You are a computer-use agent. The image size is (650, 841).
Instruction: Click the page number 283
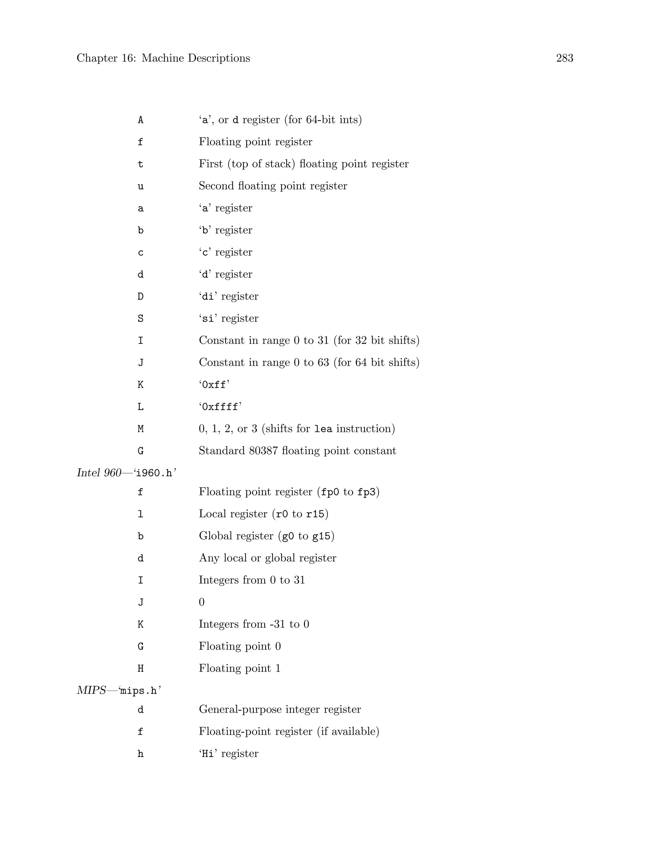click(565, 58)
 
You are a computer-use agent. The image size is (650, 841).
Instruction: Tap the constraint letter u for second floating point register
click(141, 187)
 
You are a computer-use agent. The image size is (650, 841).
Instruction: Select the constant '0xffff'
click(220, 407)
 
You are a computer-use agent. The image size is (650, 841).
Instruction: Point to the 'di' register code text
click(208, 296)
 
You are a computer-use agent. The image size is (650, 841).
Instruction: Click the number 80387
click(263, 451)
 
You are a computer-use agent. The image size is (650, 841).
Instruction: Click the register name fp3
click(366, 492)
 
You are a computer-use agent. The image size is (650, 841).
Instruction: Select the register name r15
click(315, 514)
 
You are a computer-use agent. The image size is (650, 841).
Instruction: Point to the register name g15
click(321, 536)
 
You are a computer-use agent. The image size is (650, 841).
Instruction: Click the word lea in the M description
click(323, 428)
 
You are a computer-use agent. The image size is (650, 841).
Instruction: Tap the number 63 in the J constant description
click(323, 362)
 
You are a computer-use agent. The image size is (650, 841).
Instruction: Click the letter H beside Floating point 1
click(141, 668)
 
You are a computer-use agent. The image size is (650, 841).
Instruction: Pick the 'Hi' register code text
click(208, 754)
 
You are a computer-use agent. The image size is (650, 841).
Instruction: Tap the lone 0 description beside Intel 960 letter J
click(202, 602)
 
